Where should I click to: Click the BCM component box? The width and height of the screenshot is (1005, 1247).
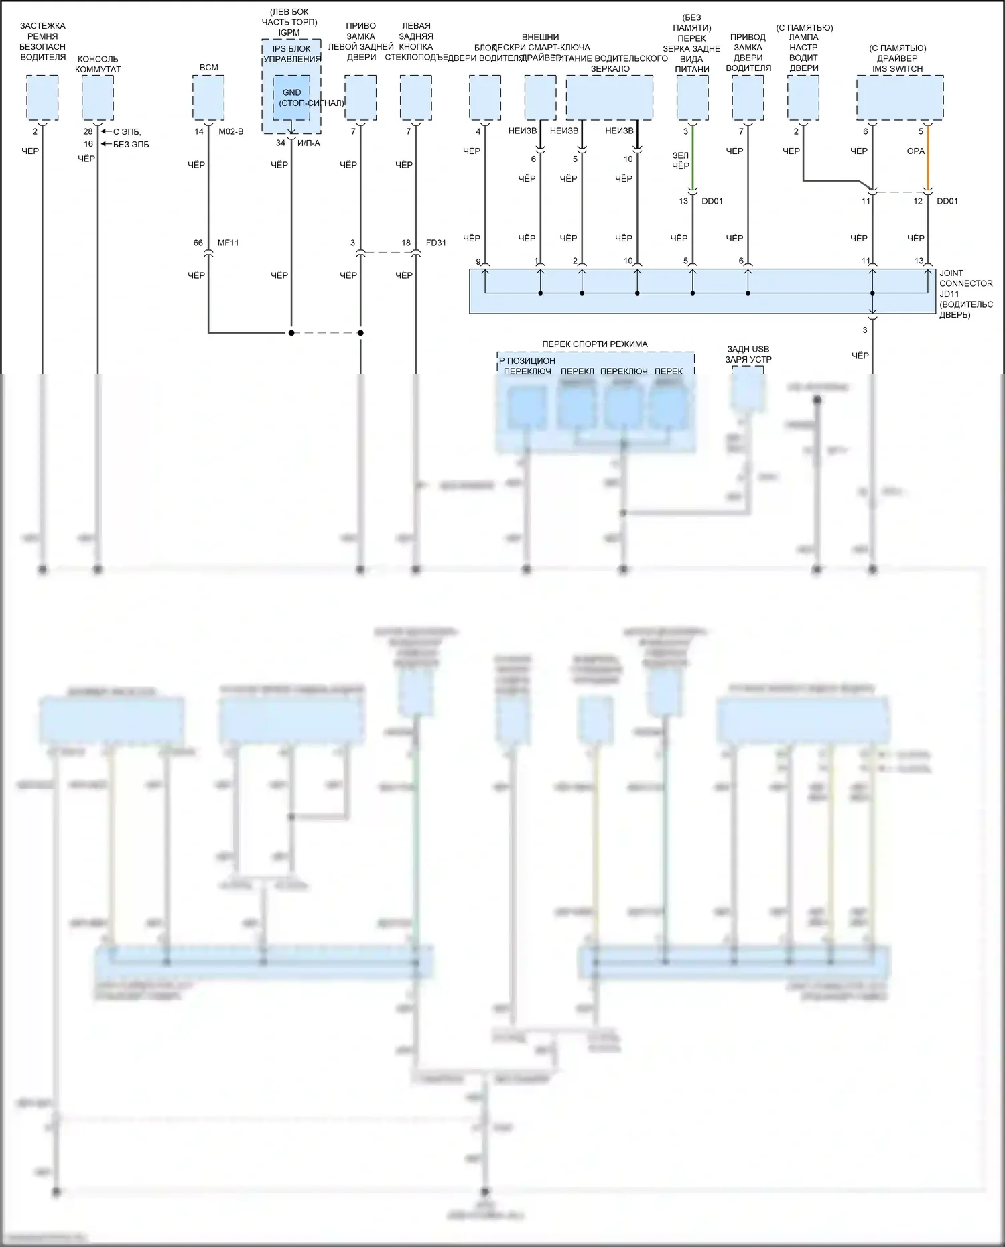click(x=208, y=98)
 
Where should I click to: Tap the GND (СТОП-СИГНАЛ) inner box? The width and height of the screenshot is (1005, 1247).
click(x=291, y=98)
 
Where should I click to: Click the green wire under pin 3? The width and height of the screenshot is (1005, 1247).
click(x=692, y=161)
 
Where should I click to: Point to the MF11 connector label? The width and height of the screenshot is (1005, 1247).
click(x=228, y=243)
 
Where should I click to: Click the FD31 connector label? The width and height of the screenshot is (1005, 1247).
click(x=435, y=243)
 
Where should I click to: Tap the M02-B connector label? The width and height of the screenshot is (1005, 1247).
click(x=231, y=131)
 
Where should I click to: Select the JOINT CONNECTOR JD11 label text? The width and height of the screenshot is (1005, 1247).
click(x=965, y=283)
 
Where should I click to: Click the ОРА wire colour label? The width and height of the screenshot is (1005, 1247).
click(x=915, y=151)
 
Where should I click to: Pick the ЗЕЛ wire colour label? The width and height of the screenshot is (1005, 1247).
click(x=680, y=155)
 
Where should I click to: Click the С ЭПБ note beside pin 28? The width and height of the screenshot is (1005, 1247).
click(x=127, y=132)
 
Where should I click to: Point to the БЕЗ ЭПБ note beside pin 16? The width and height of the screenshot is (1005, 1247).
click(x=131, y=144)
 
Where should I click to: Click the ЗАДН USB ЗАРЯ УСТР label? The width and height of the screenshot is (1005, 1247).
click(x=748, y=354)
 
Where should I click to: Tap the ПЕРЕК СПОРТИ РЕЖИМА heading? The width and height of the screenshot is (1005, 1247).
click(x=594, y=344)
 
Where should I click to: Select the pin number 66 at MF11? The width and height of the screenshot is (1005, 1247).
click(x=198, y=243)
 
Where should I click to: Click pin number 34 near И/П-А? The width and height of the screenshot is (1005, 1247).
click(x=281, y=143)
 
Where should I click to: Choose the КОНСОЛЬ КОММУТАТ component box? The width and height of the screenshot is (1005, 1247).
click(x=98, y=98)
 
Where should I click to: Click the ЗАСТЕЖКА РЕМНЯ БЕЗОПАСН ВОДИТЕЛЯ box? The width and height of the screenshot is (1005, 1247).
click(x=42, y=98)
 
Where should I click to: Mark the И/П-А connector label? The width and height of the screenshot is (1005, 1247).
click(x=309, y=143)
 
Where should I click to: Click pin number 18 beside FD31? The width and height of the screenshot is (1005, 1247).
click(x=406, y=243)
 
